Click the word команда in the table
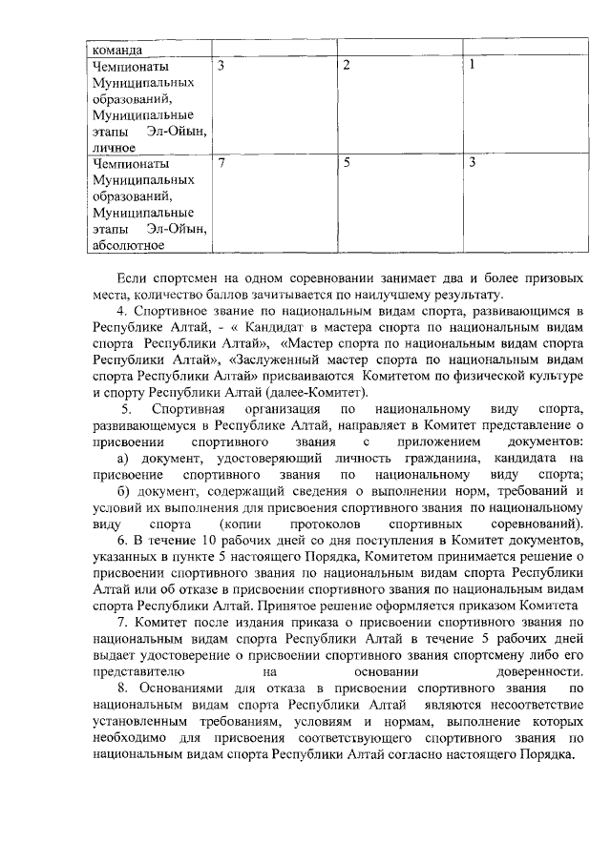116,50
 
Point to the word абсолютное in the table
128,246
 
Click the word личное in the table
114,148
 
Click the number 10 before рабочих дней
198,542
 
